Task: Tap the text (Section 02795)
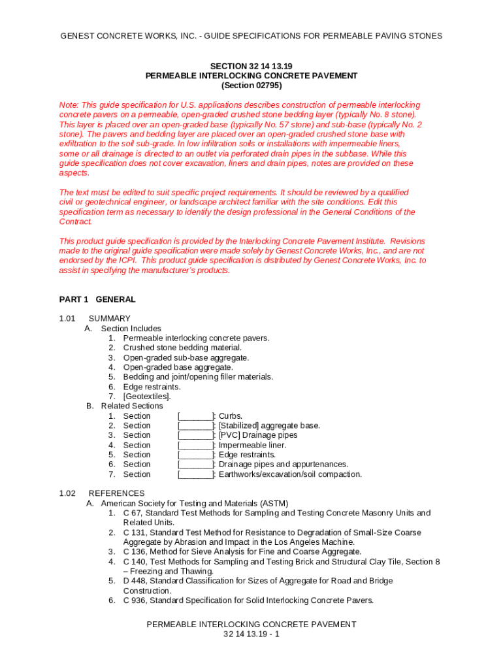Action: (252, 86)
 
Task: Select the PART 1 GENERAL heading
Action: (97, 299)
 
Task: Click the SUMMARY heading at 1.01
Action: (109, 319)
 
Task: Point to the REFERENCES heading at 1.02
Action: (116, 493)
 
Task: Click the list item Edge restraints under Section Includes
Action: (152, 387)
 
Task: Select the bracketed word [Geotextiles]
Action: (148, 397)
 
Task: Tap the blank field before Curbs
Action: (195, 416)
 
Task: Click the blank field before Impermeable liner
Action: (195, 445)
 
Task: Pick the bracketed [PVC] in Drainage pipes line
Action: (229, 435)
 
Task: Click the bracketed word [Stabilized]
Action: (239, 425)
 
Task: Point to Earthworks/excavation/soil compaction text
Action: (290, 474)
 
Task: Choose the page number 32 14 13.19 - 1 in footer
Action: (252, 634)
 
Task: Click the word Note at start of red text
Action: (69, 105)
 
